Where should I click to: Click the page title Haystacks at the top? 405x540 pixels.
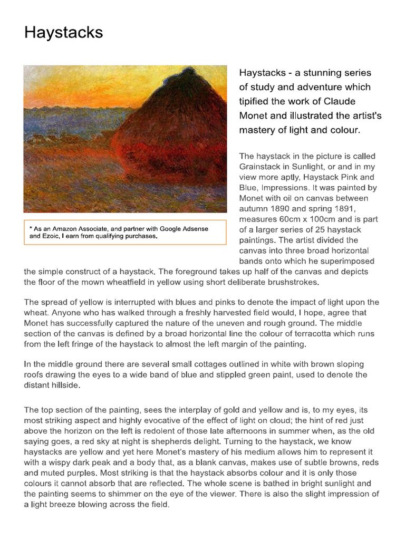(63, 33)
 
